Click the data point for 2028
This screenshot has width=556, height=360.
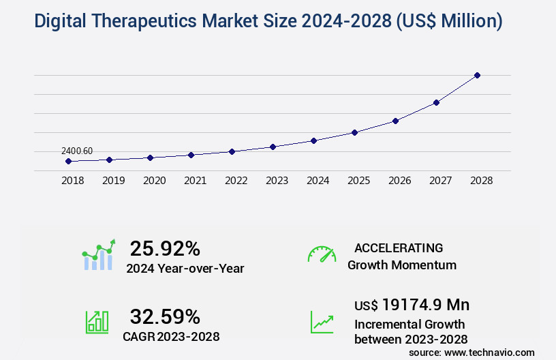tap(477, 75)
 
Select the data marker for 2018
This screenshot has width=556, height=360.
tap(68, 162)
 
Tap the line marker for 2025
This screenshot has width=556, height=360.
tap(354, 132)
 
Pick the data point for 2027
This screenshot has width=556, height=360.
tap(436, 102)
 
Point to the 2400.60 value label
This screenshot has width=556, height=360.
tap(77, 151)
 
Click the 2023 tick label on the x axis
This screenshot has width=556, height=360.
tap(277, 181)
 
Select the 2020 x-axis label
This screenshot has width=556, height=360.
tap(154, 181)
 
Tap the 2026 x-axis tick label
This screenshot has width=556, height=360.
tap(399, 181)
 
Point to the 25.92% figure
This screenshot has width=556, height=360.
tap(166, 248)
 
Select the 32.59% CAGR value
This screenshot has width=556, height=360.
tap(166, 316)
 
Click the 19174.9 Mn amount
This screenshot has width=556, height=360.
tap(425, 305)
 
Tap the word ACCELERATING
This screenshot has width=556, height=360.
tap(399, 248)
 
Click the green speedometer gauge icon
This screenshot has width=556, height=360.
tap(322, 254)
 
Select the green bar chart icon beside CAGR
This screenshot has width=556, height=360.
tap(97, 322)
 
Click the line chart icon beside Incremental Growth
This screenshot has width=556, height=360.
tap(322, 322)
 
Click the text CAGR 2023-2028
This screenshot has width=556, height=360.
tap(171, 336)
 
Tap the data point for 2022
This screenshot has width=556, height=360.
tap(232, 151)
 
